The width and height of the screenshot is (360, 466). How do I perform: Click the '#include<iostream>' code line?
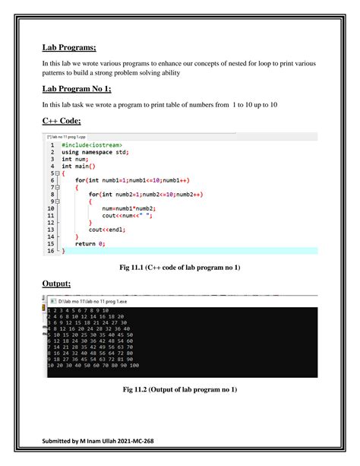(92, 144)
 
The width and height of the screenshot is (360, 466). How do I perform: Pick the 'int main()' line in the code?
(78, 166)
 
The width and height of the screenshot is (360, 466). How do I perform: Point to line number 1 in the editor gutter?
(52, 144)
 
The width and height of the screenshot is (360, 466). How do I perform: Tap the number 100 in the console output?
(134, 365)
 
